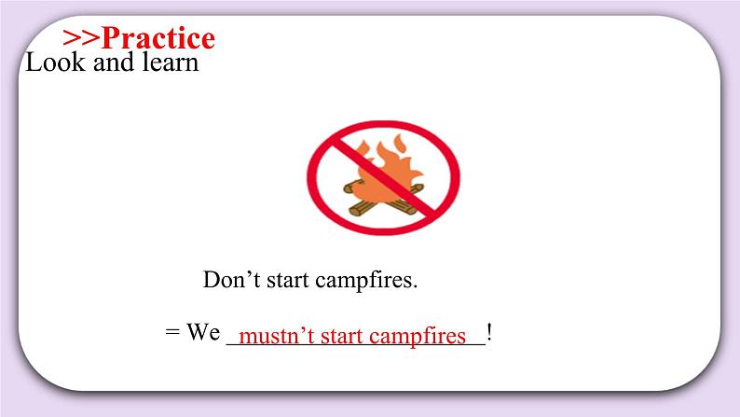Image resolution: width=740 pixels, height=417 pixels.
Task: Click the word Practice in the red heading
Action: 158,38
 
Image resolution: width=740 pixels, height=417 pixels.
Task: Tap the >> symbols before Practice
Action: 81,38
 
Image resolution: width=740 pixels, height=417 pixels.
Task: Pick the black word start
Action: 285,280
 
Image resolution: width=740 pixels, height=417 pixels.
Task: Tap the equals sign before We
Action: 171,333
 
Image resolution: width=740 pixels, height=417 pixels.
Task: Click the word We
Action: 201,333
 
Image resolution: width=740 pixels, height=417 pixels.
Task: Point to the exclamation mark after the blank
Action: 489,333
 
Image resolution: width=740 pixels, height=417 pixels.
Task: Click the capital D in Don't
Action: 211,280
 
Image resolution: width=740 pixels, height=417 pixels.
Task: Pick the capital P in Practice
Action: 112,38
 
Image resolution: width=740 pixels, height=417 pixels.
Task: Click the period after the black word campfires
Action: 415,285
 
